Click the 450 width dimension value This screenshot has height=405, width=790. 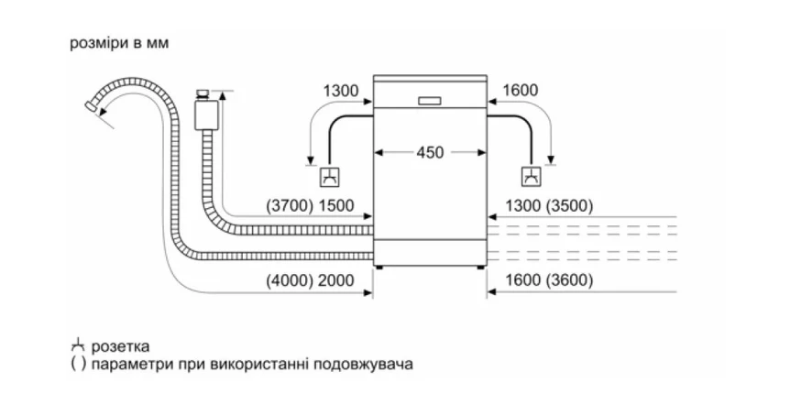(430, 152)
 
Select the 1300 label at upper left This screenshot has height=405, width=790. (341, 91)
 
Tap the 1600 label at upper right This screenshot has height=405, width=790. (520, 91)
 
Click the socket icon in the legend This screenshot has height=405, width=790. (75, 346)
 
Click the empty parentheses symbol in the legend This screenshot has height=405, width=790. (75, 364)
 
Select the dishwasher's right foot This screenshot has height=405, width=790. (478, 268)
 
